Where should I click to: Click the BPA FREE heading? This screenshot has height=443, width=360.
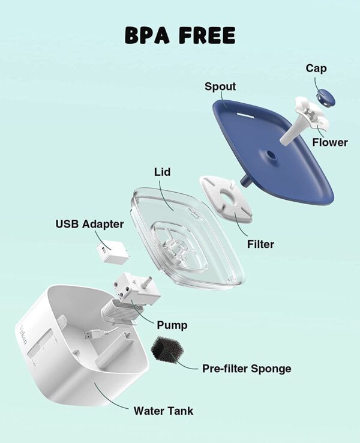coord(180,35)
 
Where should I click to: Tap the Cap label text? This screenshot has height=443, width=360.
coord(316,68)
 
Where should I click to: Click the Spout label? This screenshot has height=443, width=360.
coord(220,86)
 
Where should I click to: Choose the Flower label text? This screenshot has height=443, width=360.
coord(329,142)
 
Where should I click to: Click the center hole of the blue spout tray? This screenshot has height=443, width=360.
coord(271,155)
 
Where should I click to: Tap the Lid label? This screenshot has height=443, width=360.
coord(162,172)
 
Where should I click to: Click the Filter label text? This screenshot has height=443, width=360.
coord(260,244)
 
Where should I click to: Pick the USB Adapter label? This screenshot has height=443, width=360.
coord(90,225)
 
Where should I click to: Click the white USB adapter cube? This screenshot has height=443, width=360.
coord(112,253)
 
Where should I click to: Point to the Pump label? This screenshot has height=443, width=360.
coord(172,325)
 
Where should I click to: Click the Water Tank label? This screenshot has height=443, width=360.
coord(163,411)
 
